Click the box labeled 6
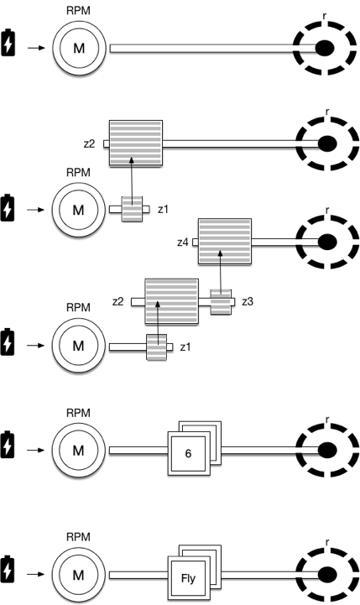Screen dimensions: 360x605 pos(189,453)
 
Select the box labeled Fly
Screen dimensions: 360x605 pos(189,578)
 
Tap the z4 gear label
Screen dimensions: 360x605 pos(182,243)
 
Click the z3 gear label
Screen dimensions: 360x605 pos(248,301)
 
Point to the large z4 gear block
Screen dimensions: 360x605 pos(225,241)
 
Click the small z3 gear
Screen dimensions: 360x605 pos(221,302)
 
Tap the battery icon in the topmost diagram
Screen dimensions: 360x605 pos(8,43)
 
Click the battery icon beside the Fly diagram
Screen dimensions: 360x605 pos(8,569)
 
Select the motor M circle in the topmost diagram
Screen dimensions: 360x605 pos(79,48)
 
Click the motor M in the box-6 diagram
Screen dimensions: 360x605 pos(78,451)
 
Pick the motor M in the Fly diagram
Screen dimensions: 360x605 pos(78,575)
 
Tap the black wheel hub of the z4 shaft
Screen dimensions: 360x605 pos(327,242)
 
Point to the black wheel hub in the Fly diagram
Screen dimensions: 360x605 pos(327,575)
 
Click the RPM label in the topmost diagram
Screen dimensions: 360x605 pos(78,10)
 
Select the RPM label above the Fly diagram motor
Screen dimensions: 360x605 pos(78,537)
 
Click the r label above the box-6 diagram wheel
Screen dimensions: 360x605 pos(327,420)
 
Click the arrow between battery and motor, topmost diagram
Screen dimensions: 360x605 pos(36,48)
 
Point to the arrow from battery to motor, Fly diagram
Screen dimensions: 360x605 pos(36,574)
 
